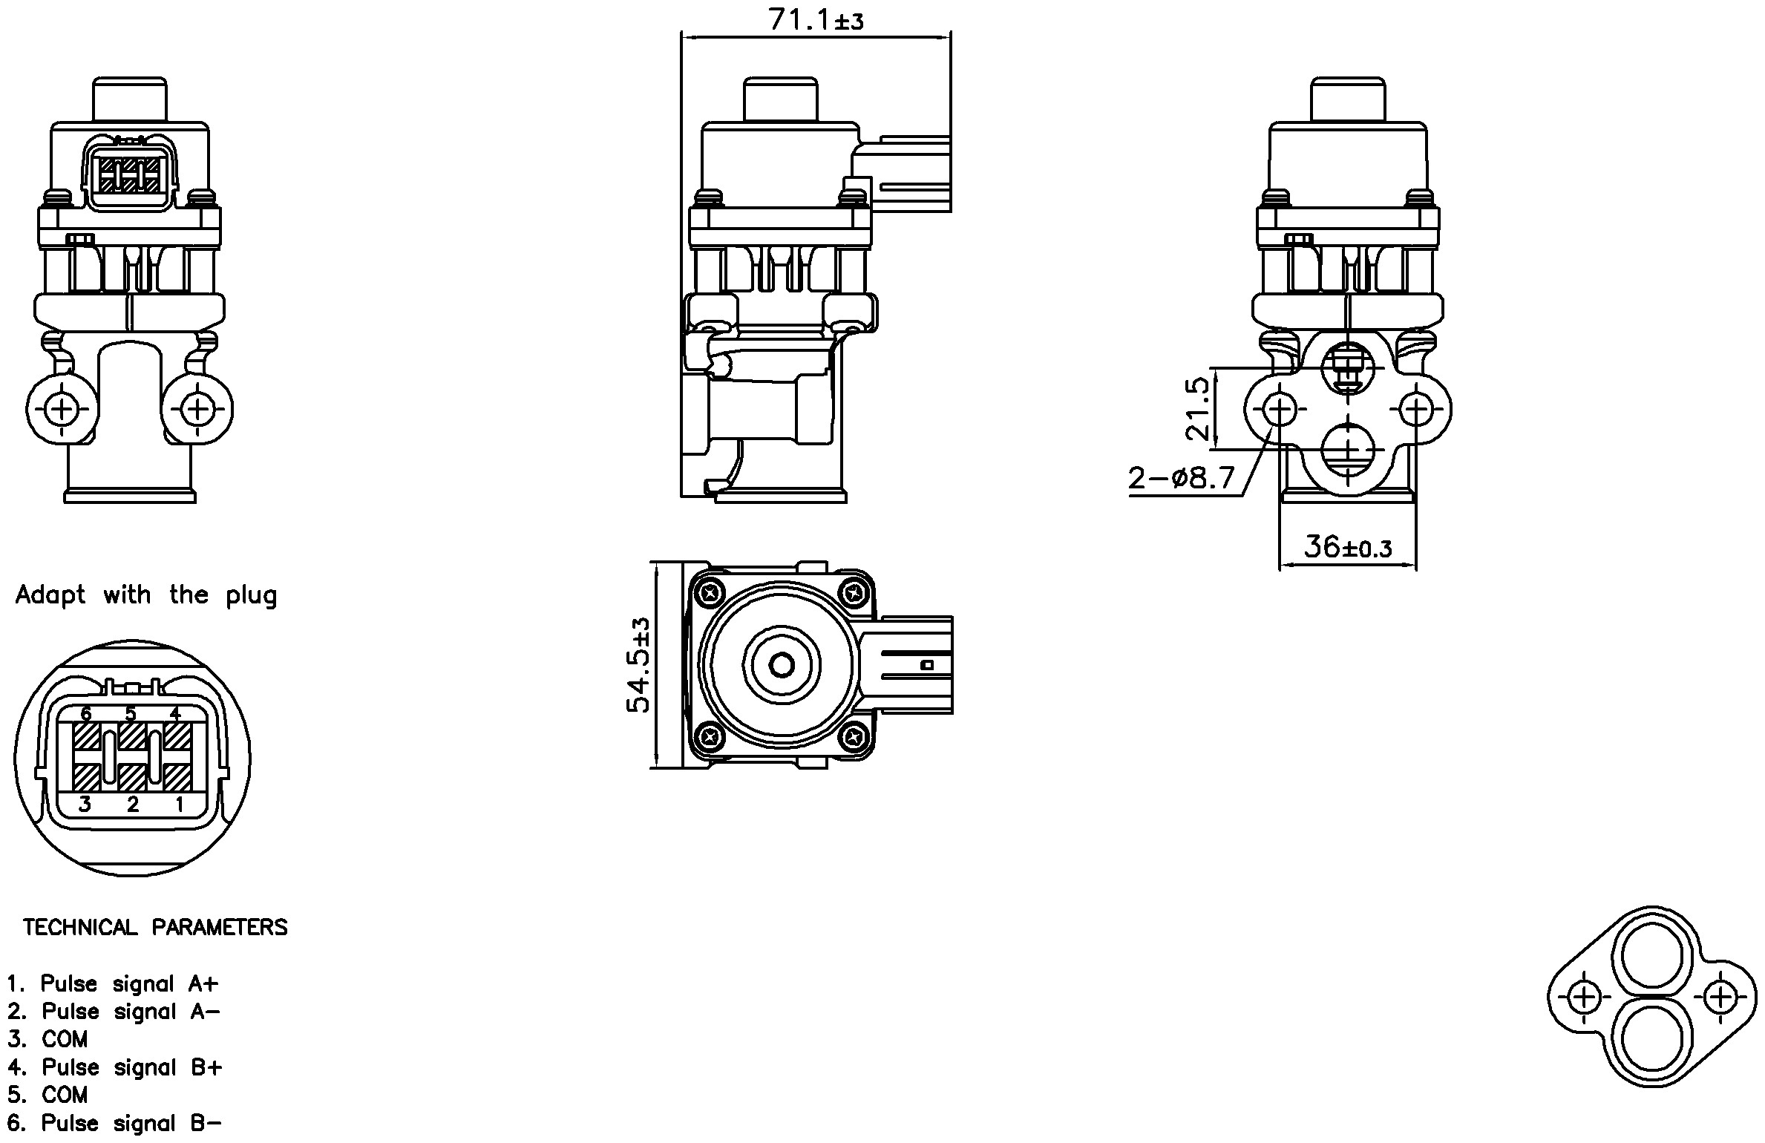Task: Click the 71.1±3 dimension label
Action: pos(816,19)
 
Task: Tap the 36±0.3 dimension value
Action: pos(1347,548)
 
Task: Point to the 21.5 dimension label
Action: pos(1197,408)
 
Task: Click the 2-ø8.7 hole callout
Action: pos(1182,477)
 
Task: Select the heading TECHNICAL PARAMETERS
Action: pos(155,927)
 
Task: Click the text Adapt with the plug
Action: pos(146,595)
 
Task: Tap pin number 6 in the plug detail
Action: pos(86,714)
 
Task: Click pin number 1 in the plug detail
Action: pos(179,804)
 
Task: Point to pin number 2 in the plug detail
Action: pos(133,804)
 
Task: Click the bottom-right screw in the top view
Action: pos(853,736)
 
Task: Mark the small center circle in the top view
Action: pos(782,665)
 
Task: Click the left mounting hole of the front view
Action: pos(62,408)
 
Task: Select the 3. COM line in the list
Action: pos(48,1039)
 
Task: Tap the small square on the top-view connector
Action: pos(926,665)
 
